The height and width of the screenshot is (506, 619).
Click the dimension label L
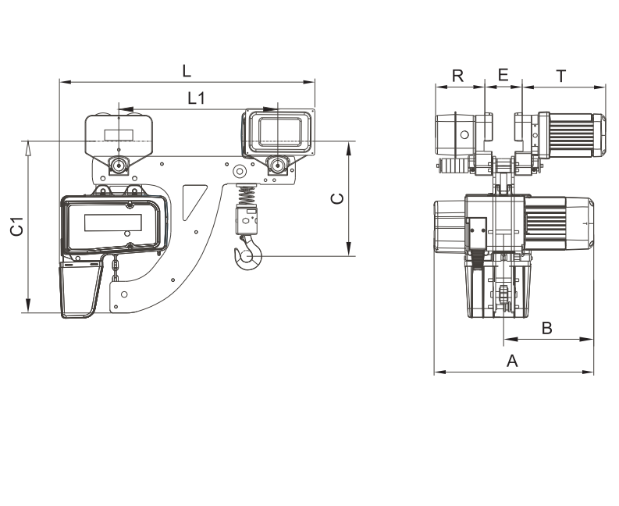tap(187, 71)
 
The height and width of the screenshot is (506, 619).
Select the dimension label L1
tap(196, 98)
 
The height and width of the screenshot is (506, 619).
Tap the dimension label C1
tap(17, 226)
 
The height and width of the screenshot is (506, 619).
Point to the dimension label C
tap(337, 198)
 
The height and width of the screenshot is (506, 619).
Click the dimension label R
tap(458, 76)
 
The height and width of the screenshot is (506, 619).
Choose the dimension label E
tap(503, 75)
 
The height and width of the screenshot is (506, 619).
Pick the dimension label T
tap(561, 76)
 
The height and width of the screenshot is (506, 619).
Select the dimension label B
tap(546, 328)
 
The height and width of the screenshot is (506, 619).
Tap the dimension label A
tap(512, 361)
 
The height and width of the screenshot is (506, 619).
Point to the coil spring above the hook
tap(247, 194)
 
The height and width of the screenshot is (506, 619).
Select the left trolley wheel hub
tap(118, 166)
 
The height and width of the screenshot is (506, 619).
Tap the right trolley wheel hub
tap(278, 165)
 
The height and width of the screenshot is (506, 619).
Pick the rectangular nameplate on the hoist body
tap(113, 223)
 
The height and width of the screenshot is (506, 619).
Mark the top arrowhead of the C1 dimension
tap(28, 148)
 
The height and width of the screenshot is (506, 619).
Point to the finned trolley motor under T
tap(572, 136)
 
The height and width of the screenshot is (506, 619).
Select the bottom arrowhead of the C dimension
tap(349, 248)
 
